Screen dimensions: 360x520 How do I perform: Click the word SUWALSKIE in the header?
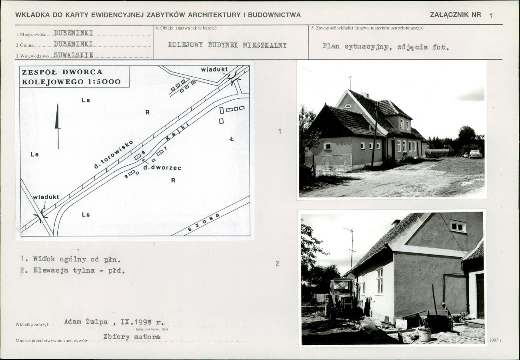tap(73, 55)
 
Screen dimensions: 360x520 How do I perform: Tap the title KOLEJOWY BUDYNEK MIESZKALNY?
tap(227, 45)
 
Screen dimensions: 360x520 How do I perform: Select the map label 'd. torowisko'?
tap(114, 154)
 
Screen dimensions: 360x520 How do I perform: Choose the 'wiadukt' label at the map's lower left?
tap(46, 196)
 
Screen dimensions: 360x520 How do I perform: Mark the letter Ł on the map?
tap(232, 139)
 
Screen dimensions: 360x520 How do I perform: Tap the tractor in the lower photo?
tap(341, 297)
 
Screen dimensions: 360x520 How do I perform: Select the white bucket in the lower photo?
tap(424, 334)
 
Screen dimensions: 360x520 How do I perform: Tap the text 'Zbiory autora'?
tap(131, 337)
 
